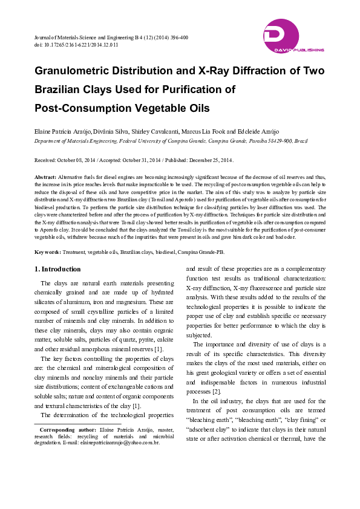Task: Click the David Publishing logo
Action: pos(293,36)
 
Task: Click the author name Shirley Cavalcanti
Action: pos(163,131)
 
